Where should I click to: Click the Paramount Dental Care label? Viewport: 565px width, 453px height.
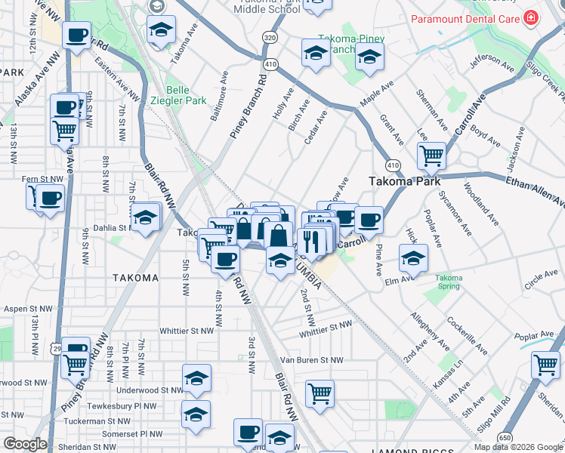[463, 17]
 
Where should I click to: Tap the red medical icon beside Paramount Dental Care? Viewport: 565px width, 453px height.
[533, 17]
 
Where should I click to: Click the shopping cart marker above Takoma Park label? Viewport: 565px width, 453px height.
[431, 156]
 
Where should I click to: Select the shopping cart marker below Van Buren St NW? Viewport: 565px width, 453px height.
[320, 392]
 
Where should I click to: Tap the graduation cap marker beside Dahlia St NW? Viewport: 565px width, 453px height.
[145, 217]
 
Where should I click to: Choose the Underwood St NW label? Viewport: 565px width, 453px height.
[150, 390]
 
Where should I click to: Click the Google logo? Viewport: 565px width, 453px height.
[24, 445]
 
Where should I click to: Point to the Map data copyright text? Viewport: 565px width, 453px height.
[518, 447]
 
